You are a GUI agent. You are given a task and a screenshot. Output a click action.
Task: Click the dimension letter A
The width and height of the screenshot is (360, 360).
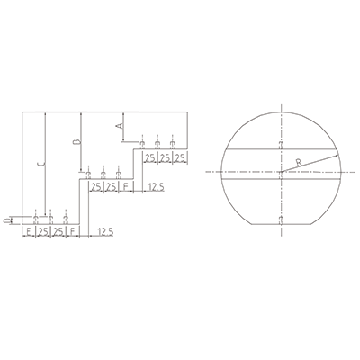pyautogui.click(x=120, y=125)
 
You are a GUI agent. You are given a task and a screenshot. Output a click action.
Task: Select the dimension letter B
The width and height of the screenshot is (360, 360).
pyautogui.click(x=77, y=141)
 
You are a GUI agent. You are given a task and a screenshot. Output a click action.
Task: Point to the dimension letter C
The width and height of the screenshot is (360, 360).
pyautogui.click(x=41, y=164)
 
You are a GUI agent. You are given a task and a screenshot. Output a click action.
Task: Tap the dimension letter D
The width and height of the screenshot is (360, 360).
pyautogui.click(x=6, y=220)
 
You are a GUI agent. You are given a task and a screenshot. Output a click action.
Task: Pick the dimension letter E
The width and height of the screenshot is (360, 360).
pyautogui.click(x=29, y=232)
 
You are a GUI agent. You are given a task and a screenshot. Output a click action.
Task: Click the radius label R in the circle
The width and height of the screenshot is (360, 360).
pyautogui.click(x=299, y=163)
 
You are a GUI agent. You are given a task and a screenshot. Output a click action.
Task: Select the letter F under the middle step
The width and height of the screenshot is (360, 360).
pyautogui.click(x=126, y=187)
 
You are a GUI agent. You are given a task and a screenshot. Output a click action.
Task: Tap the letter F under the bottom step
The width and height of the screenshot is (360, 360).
pyautogui.click(x=73, y=232)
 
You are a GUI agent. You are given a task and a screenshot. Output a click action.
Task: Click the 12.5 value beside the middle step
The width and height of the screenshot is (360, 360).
pyautogui.click(x=156, y=187)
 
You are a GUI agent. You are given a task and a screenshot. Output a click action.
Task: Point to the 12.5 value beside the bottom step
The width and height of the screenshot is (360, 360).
pyautogui.click(x=104, y=232)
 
